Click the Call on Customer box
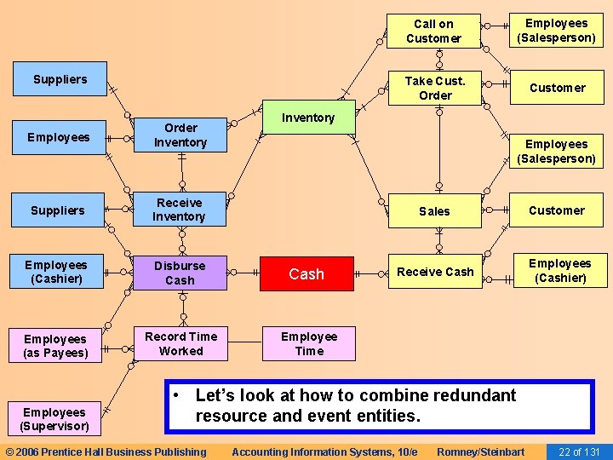[x=433, y=32]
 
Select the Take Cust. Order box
[x=434, y=88]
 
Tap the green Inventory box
[x=307, y=118]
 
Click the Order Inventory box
[x=180, y=135]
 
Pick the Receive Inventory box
[x=179, y=210]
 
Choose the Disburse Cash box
[x=180, y=273]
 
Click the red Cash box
[x=306, y=273]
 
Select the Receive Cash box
[x=435, y=272]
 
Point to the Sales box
[x=434, y=210]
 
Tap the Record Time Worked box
[x=180, y=343]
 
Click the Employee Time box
[x=309, y=343]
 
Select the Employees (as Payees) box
[x=56, y=346]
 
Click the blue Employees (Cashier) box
[x=56, y=272]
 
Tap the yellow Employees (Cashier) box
[x=559, y=270]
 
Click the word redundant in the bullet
[x=479, y=395]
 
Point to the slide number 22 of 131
[x=579, y=451]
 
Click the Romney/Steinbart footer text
[x=480, y=451]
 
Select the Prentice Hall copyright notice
[x=106, y=451]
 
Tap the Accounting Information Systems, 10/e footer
[x=324, y=451]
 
